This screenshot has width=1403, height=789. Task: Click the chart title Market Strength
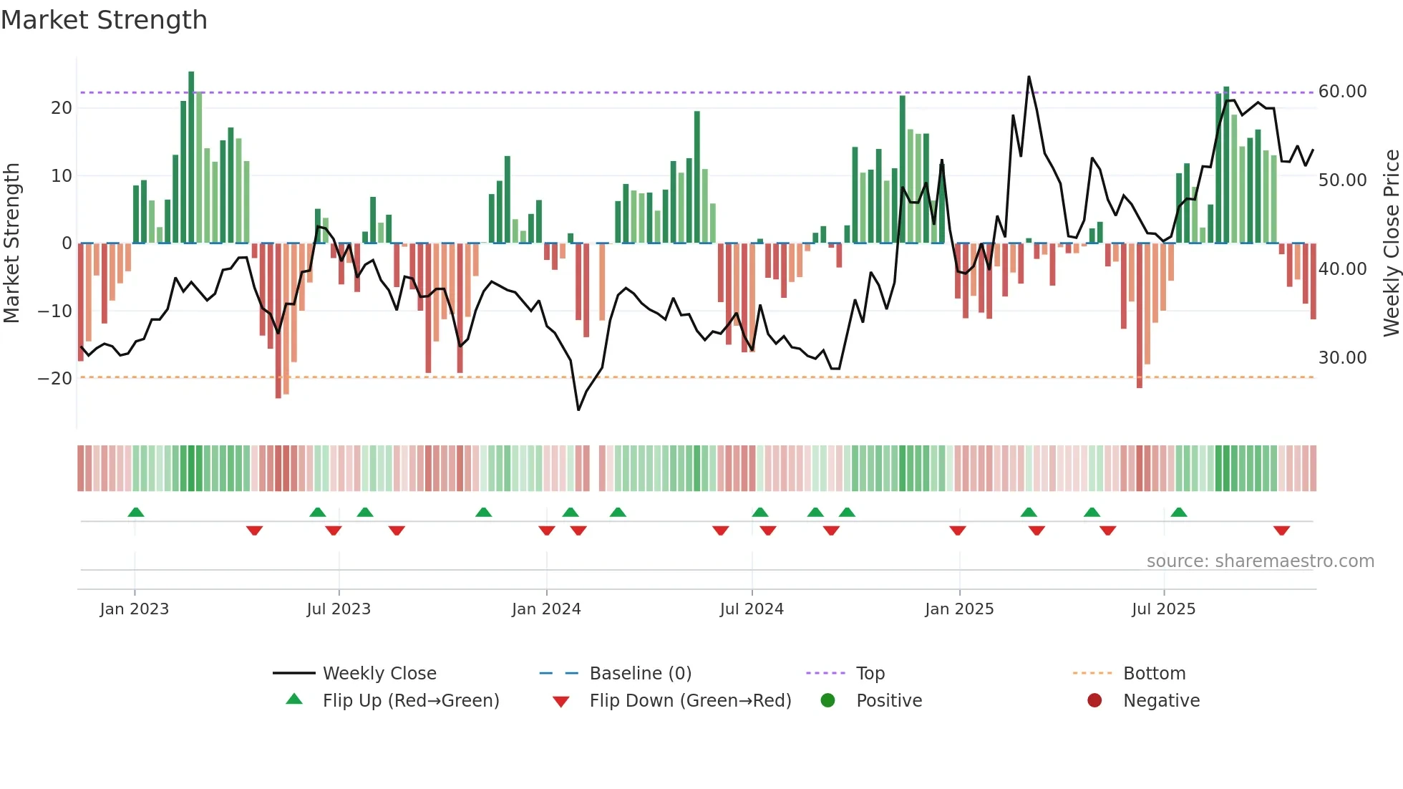point(104,20)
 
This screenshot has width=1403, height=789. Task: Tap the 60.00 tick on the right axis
point(1342,92)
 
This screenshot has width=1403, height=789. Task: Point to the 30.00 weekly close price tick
point(1342,358)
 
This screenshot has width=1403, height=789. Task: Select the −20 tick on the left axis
point(55,378)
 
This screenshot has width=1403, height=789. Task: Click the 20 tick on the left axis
point(62,108)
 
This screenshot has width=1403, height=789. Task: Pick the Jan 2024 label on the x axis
point(546,609)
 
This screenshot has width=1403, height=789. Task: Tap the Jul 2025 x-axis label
point(1163,609)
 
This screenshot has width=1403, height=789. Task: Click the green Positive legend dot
point(828,701)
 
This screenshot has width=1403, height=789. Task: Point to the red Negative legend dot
point(1094,701)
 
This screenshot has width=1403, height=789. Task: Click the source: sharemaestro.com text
point(1260,561)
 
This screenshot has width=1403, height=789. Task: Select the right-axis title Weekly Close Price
point(1391,243)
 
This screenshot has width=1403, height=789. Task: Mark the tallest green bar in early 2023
point(191,158)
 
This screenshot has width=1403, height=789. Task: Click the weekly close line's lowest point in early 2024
point(578,410)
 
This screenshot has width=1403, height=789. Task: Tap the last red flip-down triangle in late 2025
point(1281,531)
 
